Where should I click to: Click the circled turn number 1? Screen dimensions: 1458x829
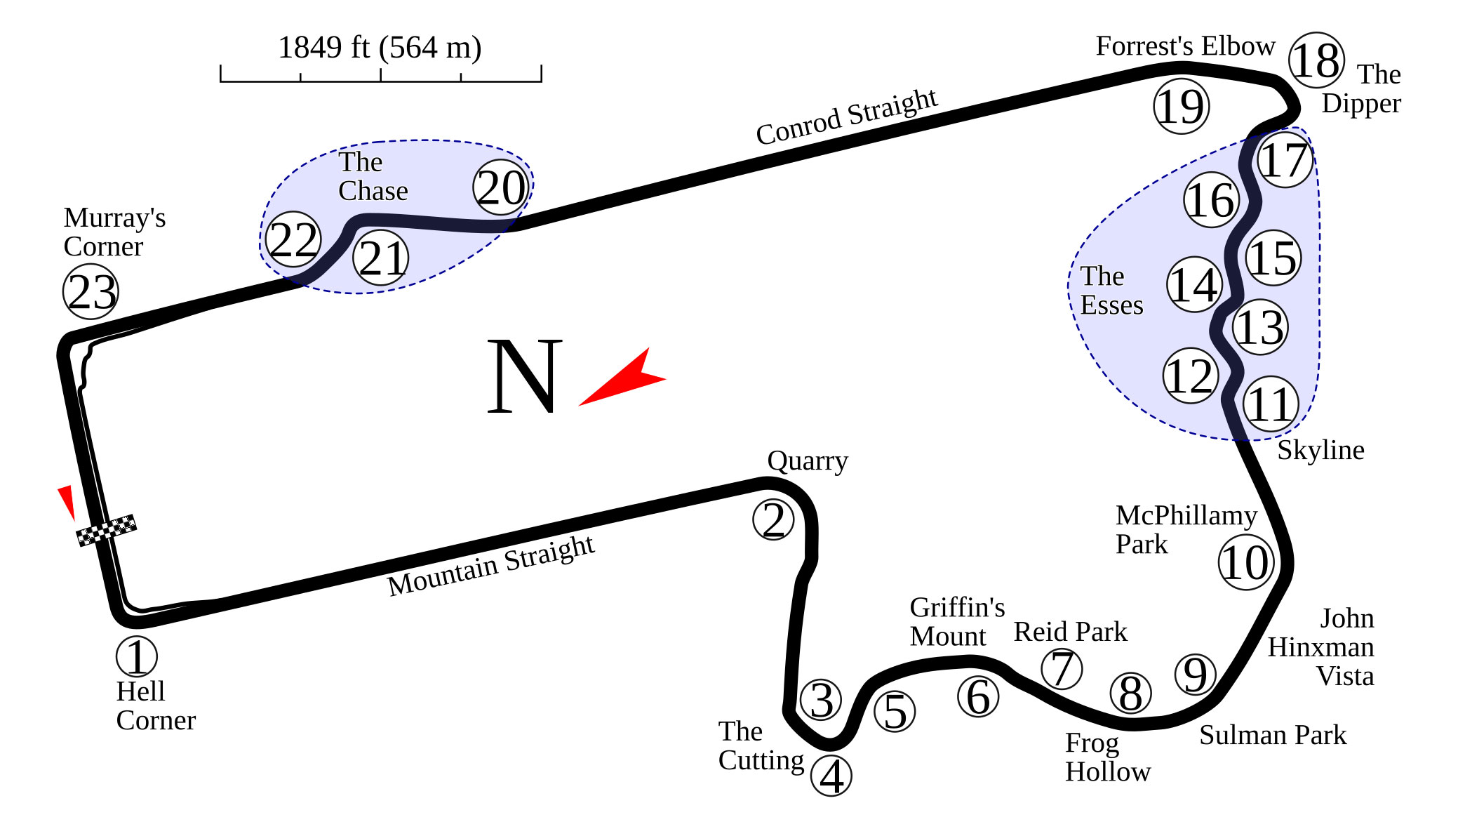pyautogui.click(x=137, y=656)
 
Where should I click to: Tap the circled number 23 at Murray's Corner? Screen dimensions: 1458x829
pyautogui.click(x=91, y=291)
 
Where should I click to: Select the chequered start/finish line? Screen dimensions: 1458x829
pyautogui.click(x=106, y=530)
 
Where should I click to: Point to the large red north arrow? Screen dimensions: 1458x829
pyautogui.click(x=622, y=378)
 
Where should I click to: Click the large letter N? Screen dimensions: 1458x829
pyautogui.click(x=524, y=376)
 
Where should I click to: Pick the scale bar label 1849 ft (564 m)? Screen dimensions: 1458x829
pyautogui.click(x=380, y=48)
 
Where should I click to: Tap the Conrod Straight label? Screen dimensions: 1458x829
pyautogui.click(x=847, y=117)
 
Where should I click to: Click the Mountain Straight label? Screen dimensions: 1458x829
pyautogui.click(x=491, y=565)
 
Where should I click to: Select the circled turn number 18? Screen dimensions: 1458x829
pyautogui.click(x=1317, y=60)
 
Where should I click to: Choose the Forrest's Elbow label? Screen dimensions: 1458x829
pyautogui.click(x=1186, y=46)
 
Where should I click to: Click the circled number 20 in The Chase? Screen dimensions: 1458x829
pyautogui.click(x=501, y=187)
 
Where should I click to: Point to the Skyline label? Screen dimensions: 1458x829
pyautogui.click(x=1320, y=451)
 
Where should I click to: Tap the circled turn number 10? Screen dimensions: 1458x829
pyautogui.click(x=1246, y=562)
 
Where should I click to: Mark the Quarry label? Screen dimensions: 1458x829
pyautogui.click(x=808, y=462)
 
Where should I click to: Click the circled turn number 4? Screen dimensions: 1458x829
pyautogui.click(x=831, y=776)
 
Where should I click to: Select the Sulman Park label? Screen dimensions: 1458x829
pyautogui.click(x=1273, y=735)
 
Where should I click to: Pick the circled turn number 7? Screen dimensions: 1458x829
pyautogui.click(x=1062, y=668)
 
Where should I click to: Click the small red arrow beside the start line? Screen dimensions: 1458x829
pyautogui.click(x=67, y=502)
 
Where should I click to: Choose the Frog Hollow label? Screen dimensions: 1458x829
pyautogui.click(x=1108, y=757)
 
